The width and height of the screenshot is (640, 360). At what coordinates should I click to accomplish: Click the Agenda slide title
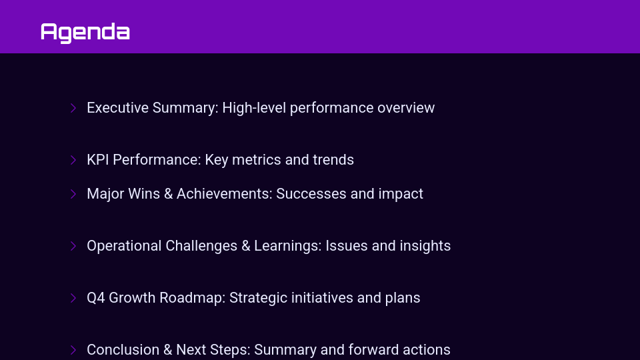tap(85, 32)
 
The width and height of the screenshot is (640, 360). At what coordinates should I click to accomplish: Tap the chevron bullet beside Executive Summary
tap(73, 108)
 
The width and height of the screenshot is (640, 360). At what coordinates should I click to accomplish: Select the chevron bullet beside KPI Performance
tap(73, 160)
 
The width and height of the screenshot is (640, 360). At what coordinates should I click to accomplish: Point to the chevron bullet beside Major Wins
tap(73, 194)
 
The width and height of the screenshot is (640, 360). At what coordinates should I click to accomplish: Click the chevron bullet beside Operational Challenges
tap(73, 246)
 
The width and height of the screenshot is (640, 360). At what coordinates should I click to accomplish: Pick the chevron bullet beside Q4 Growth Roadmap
tap(73, 298)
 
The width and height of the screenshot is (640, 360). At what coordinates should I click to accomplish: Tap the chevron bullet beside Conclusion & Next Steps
tap(73, 350)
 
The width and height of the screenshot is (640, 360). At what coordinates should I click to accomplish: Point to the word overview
tap(406, 108)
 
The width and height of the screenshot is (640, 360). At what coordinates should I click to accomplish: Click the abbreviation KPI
tap(98, 160)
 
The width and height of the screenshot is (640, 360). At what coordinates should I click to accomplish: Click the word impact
tap(401, 194)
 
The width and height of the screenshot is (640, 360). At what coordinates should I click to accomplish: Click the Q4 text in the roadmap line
tap(95, 298)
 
